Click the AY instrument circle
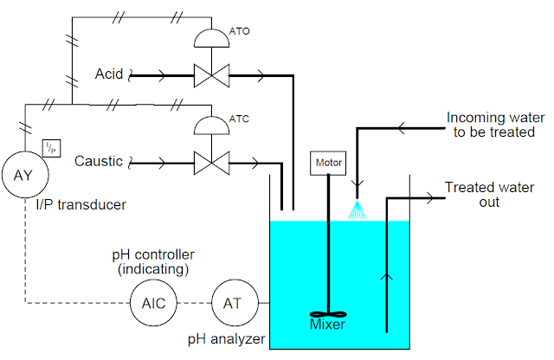pyautogui.click(x=23, y=174)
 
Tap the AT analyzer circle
pyautogui.click(x=231, y=303)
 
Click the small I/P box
pyautogui.click(x=51, y=149)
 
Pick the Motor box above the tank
pyautogui.click(x=327, y=161)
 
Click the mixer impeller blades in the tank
pyautogui.click(x=327, y=315)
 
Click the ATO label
pyautogui.click(x=241, y=30)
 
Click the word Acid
pyautogui.click(x=109, y=75)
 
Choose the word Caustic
pyautogui.click(x=99, y=161)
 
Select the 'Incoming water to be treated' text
pyautogui.click(x=489, y=125)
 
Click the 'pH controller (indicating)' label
pyautogui.click(x=153, y=262)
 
